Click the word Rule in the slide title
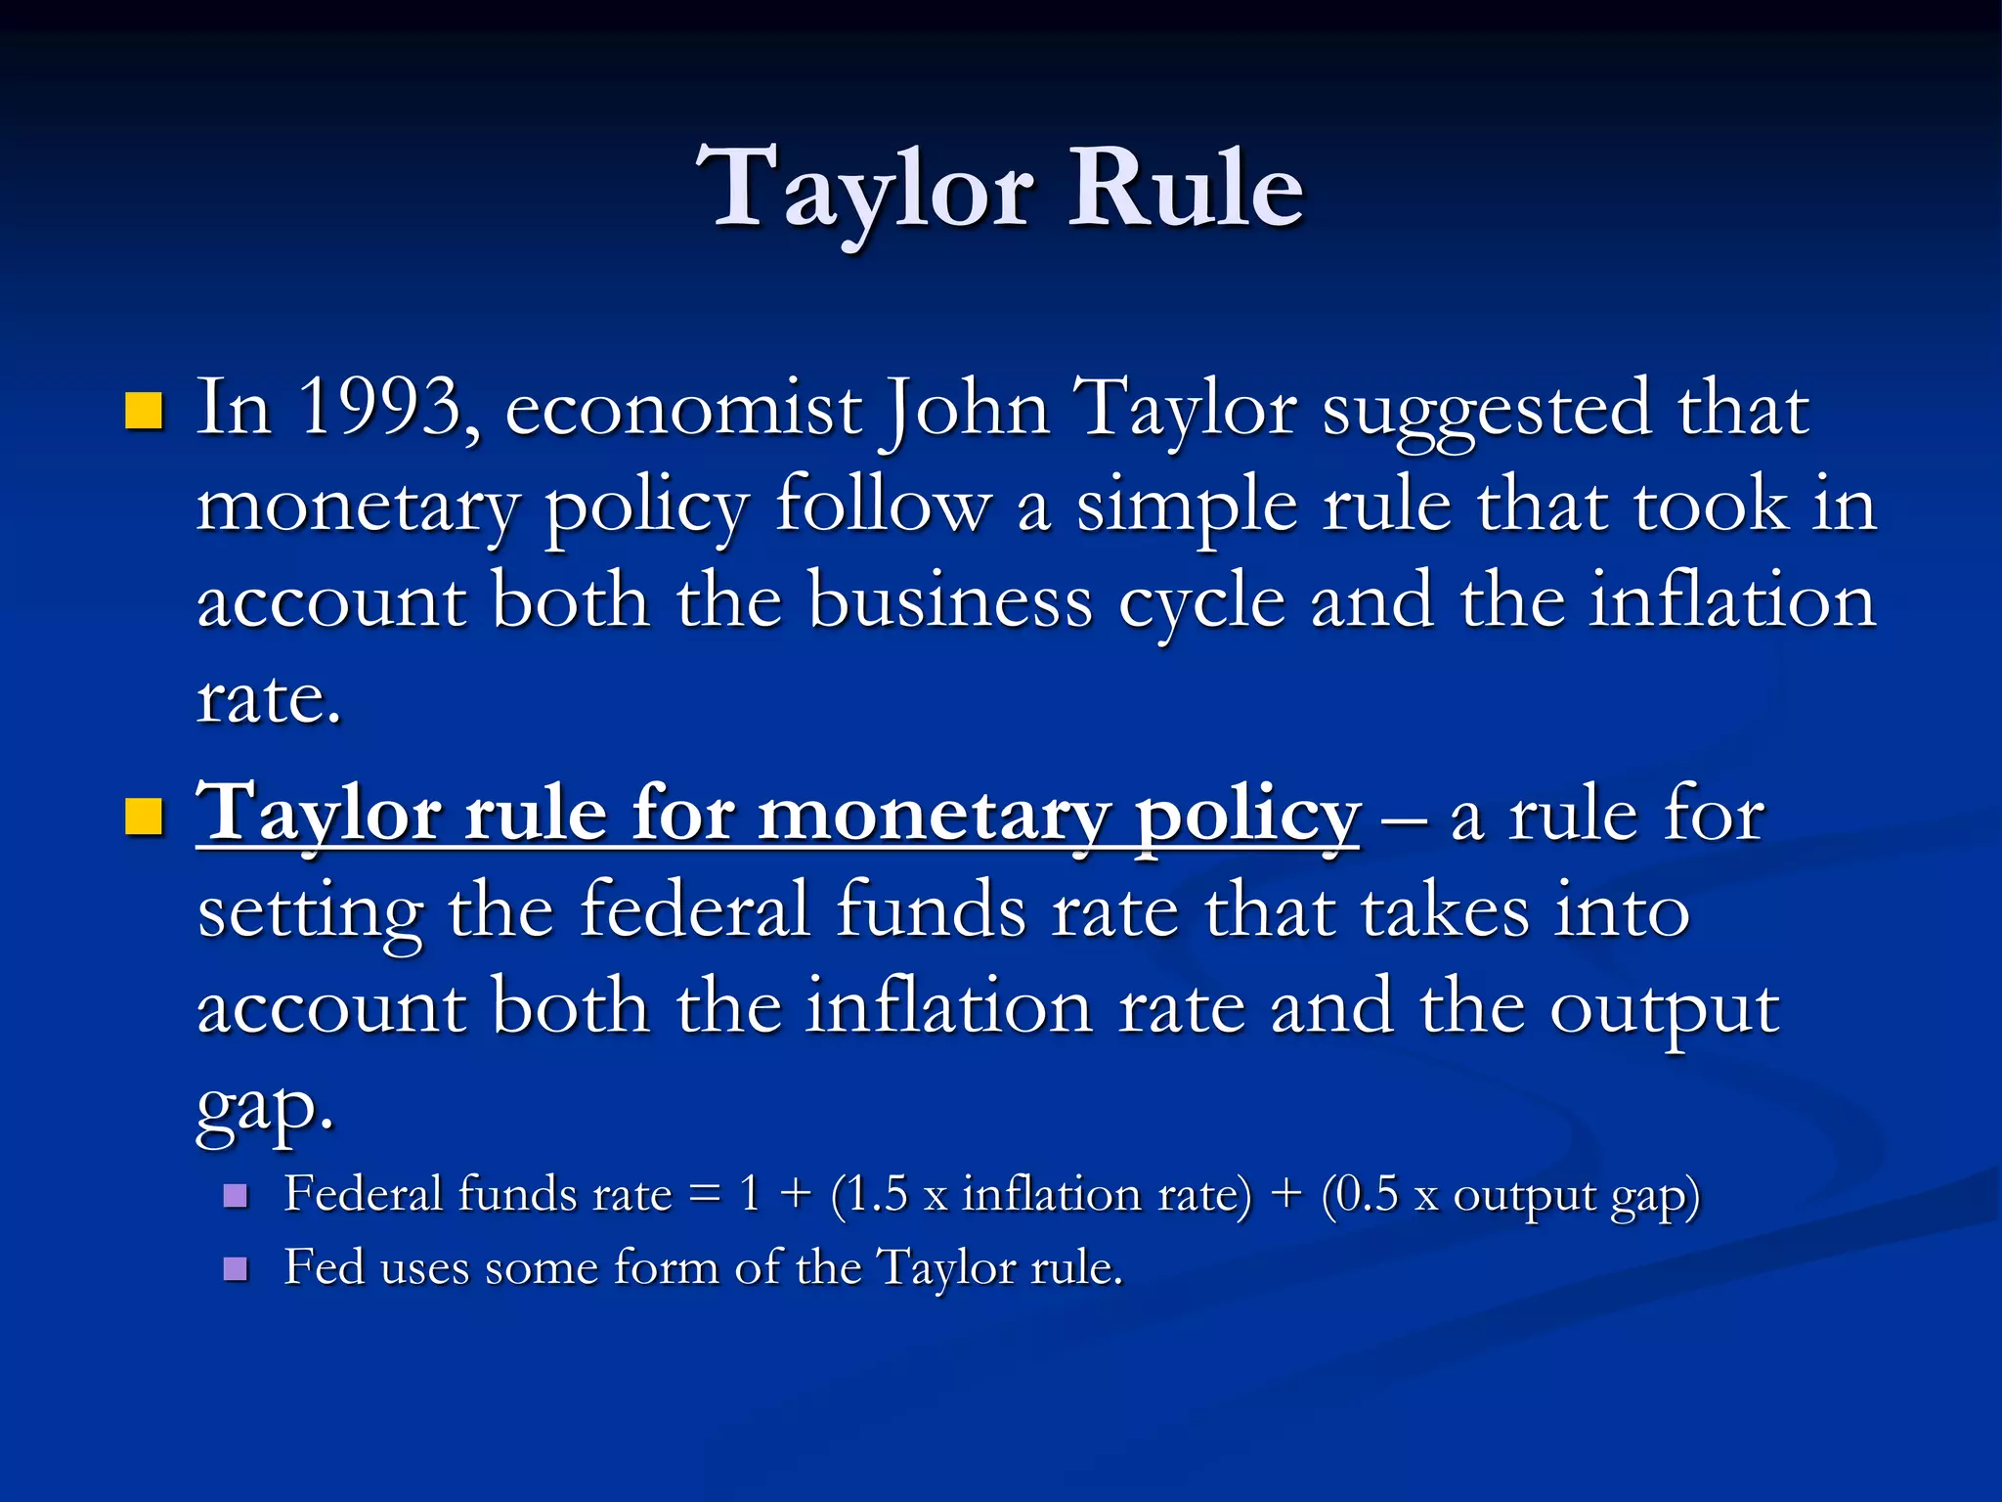coord(1185,188)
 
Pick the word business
coord(949,600)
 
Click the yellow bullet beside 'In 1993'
coord(144,412)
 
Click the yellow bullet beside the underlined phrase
coord(144,817)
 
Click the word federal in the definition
coord(695,909)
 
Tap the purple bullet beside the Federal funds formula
coord(236,1195)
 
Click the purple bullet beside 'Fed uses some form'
coord(236,1268)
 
